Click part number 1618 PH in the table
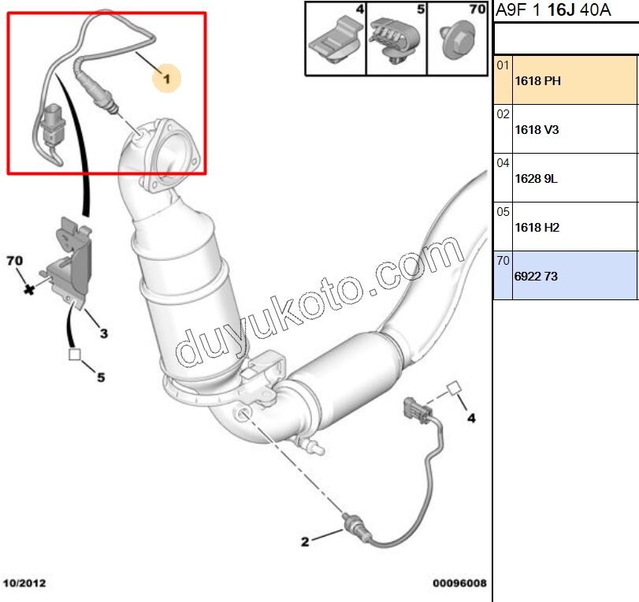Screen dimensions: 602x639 click(x=537, y=80)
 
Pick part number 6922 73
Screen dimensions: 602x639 click(x=536, y=276)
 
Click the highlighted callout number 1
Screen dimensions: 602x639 click(x=166, y=77)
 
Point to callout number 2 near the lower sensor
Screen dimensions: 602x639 click(x=305, y=541)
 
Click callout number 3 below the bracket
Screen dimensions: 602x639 click(x=103, y=333)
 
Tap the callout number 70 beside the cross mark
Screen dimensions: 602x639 click(x=14, y=261)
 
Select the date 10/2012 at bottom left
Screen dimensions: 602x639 click(x=24, y=584)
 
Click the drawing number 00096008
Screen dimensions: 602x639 click(x=459, y=584)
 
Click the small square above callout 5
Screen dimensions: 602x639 click(x=76, y=355)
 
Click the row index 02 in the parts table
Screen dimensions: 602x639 click(x=503, y=114)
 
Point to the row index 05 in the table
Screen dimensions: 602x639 click(x=503, y=212)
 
